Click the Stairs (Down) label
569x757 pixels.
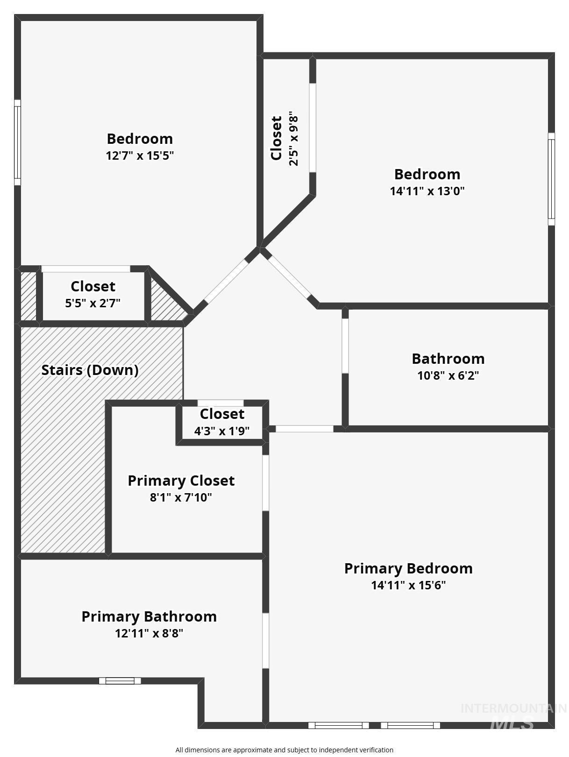(x=90, y=370)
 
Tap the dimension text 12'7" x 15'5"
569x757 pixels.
(x=140, y=156)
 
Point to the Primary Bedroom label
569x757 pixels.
(x=408, y=569)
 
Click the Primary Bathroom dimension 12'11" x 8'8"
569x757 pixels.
(x=149, y=633)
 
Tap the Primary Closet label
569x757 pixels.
(x=181, y=481)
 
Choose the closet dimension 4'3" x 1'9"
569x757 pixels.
(x=222, y=431)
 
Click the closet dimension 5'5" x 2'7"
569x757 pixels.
(x=93, y=303)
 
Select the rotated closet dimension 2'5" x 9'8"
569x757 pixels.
(x=293, y=138)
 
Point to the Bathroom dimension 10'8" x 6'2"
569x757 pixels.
(x=448, y=375)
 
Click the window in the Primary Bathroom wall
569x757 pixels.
(x=120, y=681)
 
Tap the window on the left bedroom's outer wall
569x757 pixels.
(x=17, y=143)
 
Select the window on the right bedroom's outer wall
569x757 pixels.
(x=551, y=179)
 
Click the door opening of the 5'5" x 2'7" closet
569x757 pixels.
(x=86, y=269)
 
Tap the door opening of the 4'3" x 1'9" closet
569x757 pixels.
(x=220, y=403)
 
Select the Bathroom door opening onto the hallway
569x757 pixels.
(x=345, y=346)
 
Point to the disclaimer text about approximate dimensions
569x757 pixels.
(x=284, y=750)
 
